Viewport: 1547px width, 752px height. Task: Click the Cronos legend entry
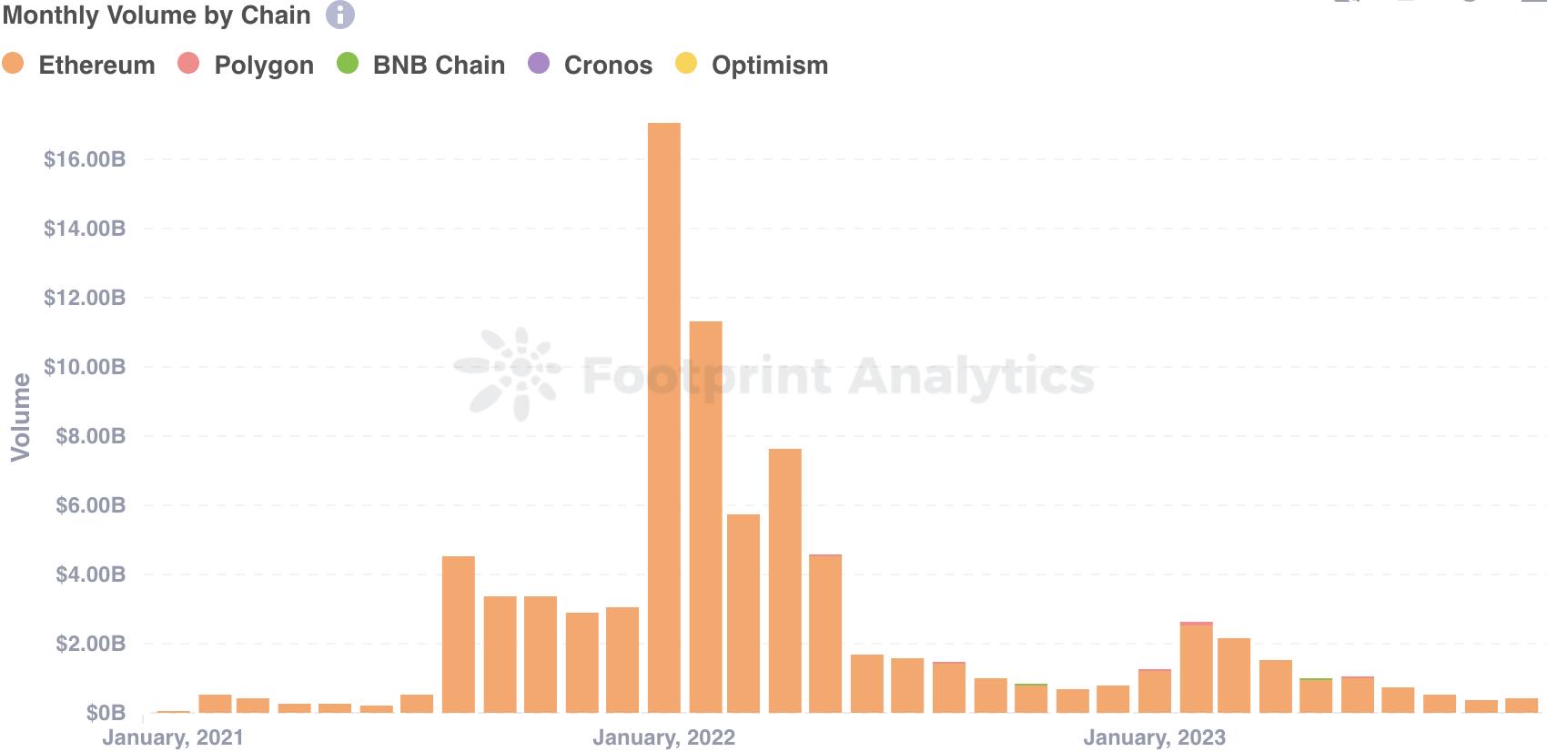(591, 65)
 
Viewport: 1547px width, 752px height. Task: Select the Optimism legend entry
(752, 65)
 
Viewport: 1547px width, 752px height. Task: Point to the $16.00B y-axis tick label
(85, 159)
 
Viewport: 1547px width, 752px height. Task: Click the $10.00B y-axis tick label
(85, 367)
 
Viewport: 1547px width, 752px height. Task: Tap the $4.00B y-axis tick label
(90, 574)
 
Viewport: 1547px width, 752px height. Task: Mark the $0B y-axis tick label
(106, 713)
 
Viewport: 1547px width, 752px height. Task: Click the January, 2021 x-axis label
(173, 737)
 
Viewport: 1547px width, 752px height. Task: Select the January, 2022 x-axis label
(663, 737)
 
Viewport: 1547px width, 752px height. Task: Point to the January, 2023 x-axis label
(1154, 737)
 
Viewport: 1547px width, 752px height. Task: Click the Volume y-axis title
(20, 417)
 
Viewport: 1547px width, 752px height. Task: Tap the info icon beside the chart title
(340, 15)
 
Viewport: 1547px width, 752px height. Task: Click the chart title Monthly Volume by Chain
(157, 15)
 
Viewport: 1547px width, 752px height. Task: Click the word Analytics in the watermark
(971, 376)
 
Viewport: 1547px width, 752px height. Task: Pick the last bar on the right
(1521, 706)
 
